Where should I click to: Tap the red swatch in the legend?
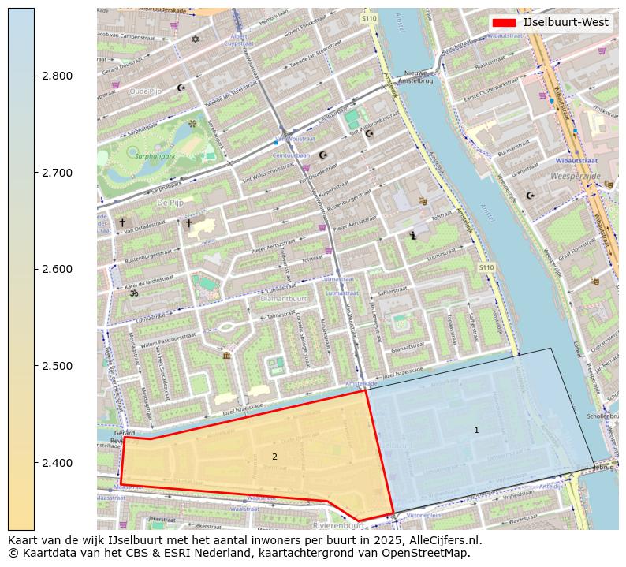coord(504,23)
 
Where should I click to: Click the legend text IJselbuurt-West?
coord(565,23)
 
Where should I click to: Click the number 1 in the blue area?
coord(476,430)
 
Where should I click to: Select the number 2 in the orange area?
coord(274,457)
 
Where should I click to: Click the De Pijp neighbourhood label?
coord(170,203)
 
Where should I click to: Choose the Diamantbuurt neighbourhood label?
coord(284,299)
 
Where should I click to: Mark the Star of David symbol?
coord(196,39)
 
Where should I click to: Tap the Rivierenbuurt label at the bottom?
coord(338,524)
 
